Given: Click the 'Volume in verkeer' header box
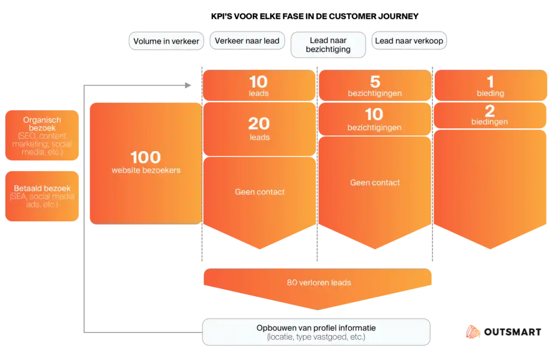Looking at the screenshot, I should pyautogui.click(x=166, y=41).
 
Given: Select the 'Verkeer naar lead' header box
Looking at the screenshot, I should pyautogui.click(x=247, y=40).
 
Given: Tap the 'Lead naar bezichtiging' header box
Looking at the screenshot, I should pyautogui.click(x=328, y=45).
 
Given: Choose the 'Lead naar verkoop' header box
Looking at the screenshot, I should pyautogui.click(x=409, y=40).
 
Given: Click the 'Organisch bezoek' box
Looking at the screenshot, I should pyautogui.click(x=43, y=136).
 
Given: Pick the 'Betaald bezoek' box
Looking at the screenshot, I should pyautogui.click(x=43, y=196).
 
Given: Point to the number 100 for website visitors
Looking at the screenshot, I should pyautogui.click(x=146, y=158).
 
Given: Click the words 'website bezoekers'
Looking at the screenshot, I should pyautogui.click(x=146, y=171).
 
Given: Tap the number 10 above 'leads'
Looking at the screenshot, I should pyautogui.click(x=259, y=82).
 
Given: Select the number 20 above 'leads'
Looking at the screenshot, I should pyautogui.click(x=259, y=124).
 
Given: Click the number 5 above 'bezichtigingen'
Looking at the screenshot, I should pyautogui.click(x=375, y=82).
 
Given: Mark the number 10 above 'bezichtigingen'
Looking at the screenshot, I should pyautogui.click(x=374, y=114).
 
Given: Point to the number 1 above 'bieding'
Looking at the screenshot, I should pyautogui.click(x=490, y=82).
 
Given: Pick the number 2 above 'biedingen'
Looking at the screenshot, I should pyautogui.click(x=490, y=111).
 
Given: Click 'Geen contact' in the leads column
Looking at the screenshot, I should pyautogui.click(x=260, y=192).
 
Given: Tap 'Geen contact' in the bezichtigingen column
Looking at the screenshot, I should pyautogui.click(x=375, y=182).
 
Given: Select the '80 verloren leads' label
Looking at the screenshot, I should pyautogui.click(x=319, y=282).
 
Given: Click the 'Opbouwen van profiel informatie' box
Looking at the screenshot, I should pyautogui.click(x=316, y=332).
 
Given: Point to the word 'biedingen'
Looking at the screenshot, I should pyautogui.click(x=489, y=122).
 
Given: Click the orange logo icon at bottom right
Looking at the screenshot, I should pyautogui.click(x=471, y=333).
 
